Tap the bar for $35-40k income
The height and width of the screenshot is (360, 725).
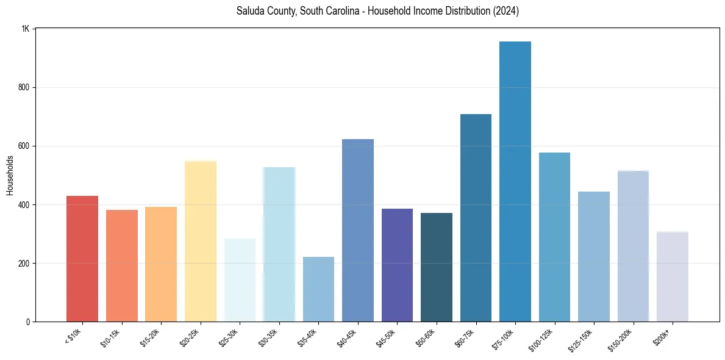pos(318,289)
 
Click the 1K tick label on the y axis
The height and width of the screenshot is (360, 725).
pos(26,29)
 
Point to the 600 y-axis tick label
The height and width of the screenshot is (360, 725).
pos(24,146)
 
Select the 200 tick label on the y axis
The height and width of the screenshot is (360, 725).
pos(24,263)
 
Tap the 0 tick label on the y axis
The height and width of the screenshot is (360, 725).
pos(28,322)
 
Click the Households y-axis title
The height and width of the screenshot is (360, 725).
pos(10,175)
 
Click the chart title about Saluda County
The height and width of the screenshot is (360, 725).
pos(377,11)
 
